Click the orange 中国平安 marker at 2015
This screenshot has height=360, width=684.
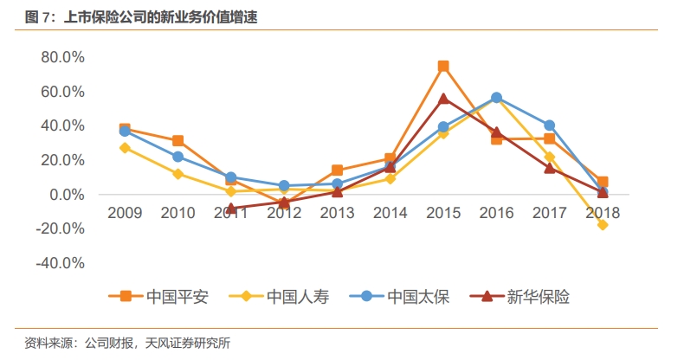pyautogui.click(x=443, y=67)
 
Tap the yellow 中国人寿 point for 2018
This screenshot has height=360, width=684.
pyautogui.click(x=603, y=225)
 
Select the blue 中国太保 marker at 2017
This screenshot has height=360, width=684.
pyautogui.click(x=550, y=125)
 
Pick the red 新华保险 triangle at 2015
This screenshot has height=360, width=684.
pyautogui.click(x=443, y=99)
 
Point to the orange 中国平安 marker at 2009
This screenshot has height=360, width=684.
pyautogui.click(x=125, y=129)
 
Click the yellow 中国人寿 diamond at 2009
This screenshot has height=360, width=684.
pyautogui.click(x=125, y=148)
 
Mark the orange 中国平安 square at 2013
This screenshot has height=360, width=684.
pyautogui.click(x=337, y=170)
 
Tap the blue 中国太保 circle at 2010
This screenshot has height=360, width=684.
pyautogui.click(x=177, y=157)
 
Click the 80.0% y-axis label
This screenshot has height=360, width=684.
pyautogui.click(x=61, y=57)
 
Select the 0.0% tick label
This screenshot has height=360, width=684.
pyautogui.click(x=65, y=195)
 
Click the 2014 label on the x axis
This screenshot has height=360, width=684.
pyautogui.click(x=390, y=212)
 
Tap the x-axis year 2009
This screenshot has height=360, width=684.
pyautogui.click(x=125, y=212)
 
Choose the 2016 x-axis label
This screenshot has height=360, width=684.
pyautogui.click(x=496, y=212)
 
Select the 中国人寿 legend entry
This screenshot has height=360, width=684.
pyautogui.click(x=278, y=297)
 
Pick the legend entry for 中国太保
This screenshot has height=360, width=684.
pyautogui.click(x=398, y=297)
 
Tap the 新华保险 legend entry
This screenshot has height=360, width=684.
pyautogui.click(x=518, y=297)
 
